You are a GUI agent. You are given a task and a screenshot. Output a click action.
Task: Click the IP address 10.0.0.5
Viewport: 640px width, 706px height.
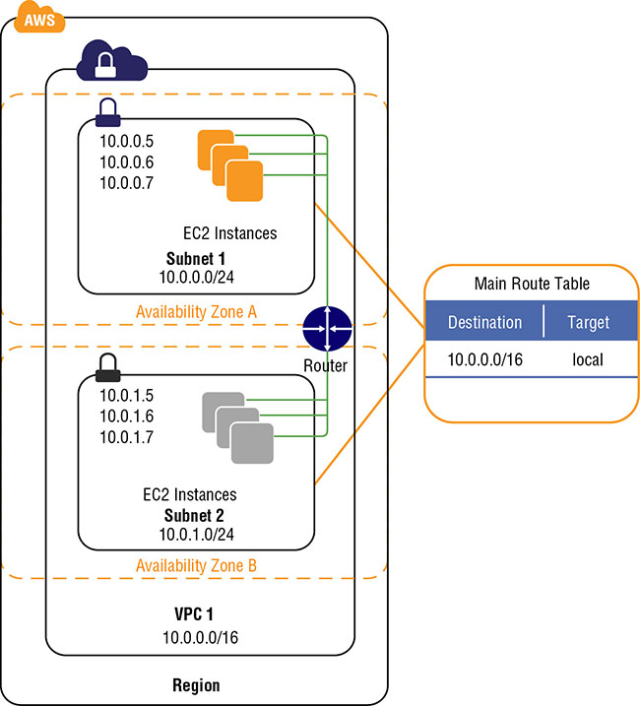click(x=127, y=141)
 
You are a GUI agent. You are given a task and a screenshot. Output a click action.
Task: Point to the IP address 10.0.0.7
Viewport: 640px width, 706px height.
click(x=127, y=182)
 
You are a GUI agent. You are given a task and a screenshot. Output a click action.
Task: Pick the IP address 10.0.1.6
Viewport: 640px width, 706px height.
click(x=127, y=416)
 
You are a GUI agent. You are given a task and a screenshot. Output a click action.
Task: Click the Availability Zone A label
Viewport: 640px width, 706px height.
click(x=196, y=311)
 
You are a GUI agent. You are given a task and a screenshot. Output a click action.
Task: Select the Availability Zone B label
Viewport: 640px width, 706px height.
click(x=196, y=565)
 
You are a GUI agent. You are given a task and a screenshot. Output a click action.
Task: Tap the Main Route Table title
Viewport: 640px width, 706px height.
click(x=532, y=284)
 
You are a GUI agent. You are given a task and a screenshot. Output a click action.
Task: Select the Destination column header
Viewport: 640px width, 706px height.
click(x=484, y=322)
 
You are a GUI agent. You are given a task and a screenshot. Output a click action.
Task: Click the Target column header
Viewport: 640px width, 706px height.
click(x=588, y=322)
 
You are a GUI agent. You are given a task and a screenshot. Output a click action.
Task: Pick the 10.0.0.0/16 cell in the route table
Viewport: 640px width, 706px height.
click(x=484, y=360)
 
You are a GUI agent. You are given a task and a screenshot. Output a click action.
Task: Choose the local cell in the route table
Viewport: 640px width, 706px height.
click(x=588, y=360)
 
